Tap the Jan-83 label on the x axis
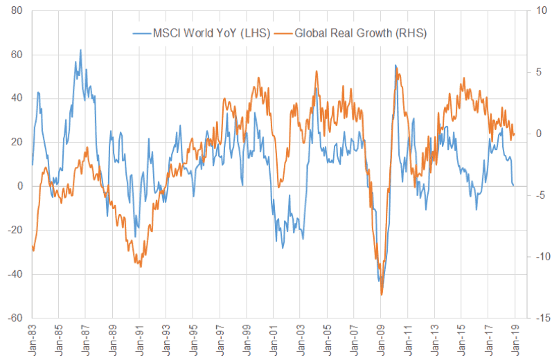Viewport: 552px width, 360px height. (33, 339)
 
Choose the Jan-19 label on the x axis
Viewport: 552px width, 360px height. (515, 339)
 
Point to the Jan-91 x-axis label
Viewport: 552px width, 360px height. (141, 339)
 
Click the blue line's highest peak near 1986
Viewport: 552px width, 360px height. (80, 50)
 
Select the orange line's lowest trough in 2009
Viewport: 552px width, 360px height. (382, 295)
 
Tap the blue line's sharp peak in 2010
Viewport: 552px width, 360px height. (395, 66)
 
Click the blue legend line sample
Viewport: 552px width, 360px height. (142, 33)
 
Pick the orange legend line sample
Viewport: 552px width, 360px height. (283, 33)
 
